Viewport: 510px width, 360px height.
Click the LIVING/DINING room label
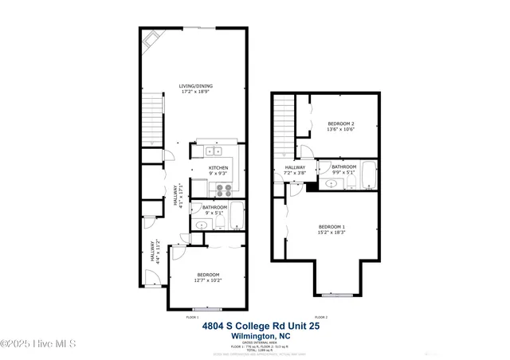tap(195, 86)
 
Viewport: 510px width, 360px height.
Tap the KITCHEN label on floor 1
tap(218, 168)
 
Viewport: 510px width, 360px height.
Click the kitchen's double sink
tap(214, 151)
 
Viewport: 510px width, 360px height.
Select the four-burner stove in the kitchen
tap(222, 190)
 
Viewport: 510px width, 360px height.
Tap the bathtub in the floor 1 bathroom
tap(237, 216)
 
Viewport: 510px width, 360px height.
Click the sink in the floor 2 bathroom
tap(331, 183)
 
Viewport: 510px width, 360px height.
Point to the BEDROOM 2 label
tap(341, 123)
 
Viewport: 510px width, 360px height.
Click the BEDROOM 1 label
tap(331, 227)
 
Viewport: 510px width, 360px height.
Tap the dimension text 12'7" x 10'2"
tap(207, 280)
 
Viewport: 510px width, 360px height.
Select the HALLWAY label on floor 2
tap(295, 167)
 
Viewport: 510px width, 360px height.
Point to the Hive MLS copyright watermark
tap(38, 343)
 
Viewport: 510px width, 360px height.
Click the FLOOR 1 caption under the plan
tap(192, 317)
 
